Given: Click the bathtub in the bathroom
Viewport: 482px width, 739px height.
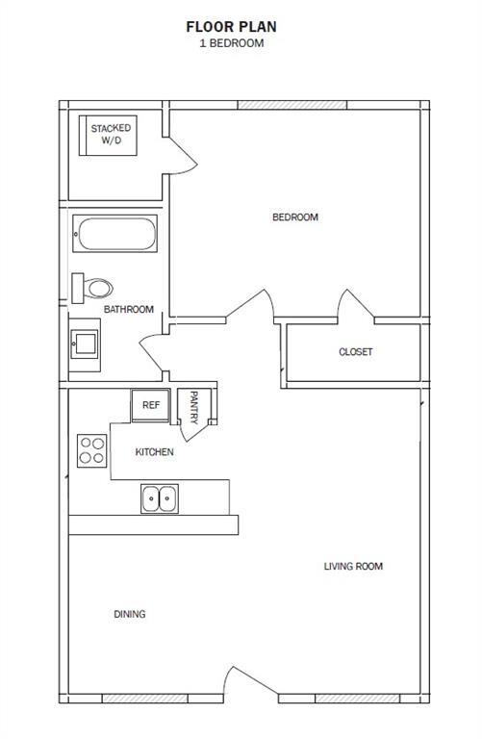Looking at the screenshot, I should [x=115, y=234].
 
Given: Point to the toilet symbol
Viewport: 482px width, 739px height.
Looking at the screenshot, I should [x=92, y=287].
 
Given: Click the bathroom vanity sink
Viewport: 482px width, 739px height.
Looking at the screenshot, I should [x=85, y=344].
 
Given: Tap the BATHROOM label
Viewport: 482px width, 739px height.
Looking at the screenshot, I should [x=129, y=309].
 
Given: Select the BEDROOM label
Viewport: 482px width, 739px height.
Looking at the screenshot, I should [x=295, y=217].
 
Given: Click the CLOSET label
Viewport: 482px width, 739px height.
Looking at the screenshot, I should [x=355, y=352].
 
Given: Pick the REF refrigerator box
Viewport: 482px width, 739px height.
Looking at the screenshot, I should [x=151, y=406].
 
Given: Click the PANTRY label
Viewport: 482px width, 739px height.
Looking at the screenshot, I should [x=194, y=407].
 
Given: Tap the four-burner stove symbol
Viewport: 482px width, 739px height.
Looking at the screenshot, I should [x=92, y=450].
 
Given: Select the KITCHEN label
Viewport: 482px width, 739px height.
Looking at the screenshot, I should [x=154, y=452].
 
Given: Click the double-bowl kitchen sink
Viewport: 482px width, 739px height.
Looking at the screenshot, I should [x=159, y=498].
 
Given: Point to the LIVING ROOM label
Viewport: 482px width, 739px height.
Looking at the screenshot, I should [x=353, y=566].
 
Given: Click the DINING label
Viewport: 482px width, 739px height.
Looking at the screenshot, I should [x=130, y=614].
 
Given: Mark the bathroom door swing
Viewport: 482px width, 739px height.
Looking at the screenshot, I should [x=154, y=352].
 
